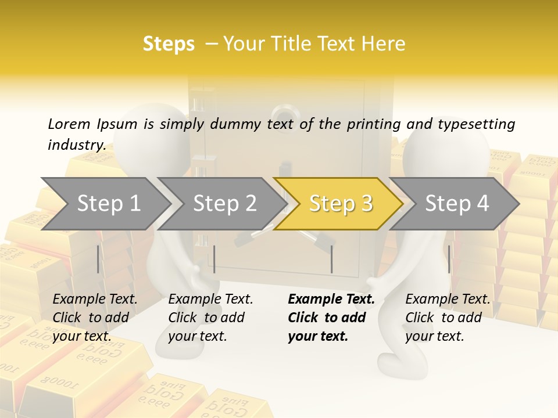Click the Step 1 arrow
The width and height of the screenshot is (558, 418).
coord(108,204)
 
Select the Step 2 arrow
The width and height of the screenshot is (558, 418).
coord(224,204)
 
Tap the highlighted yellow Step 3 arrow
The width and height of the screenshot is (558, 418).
coord(340,204)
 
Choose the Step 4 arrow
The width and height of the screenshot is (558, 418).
coord(457,204)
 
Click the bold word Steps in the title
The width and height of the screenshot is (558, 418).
coord(169,44)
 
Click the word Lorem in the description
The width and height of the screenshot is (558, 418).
coord(68,124)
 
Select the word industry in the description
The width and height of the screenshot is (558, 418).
coord(76,145)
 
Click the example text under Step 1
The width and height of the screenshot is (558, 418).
coord(95,318)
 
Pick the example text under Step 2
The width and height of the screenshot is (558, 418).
coord(210,318)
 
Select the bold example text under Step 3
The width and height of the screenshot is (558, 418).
coord(331,318)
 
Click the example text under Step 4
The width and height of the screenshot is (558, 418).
coord(448,318)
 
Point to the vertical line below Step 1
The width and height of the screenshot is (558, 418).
coord(98,259)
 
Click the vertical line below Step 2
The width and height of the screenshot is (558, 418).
coord(214,259)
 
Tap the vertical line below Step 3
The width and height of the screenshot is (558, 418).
coord(331,259)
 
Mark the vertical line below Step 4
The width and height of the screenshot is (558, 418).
coord(449,259)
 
